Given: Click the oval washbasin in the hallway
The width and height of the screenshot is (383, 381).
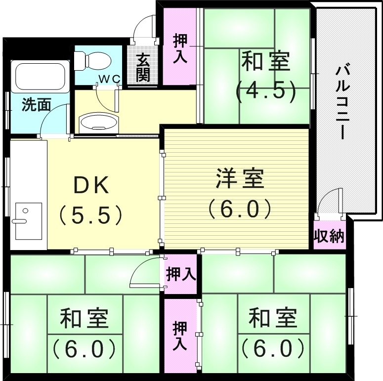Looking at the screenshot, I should (x=99, y=123).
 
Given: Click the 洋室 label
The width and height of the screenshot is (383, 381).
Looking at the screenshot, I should (x=239, y=178).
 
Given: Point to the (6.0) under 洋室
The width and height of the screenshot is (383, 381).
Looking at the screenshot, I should (x=239, y=208).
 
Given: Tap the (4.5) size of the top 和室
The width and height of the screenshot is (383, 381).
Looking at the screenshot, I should (x=265, y=90).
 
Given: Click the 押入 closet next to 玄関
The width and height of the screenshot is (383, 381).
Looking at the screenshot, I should (x=179, y=48).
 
